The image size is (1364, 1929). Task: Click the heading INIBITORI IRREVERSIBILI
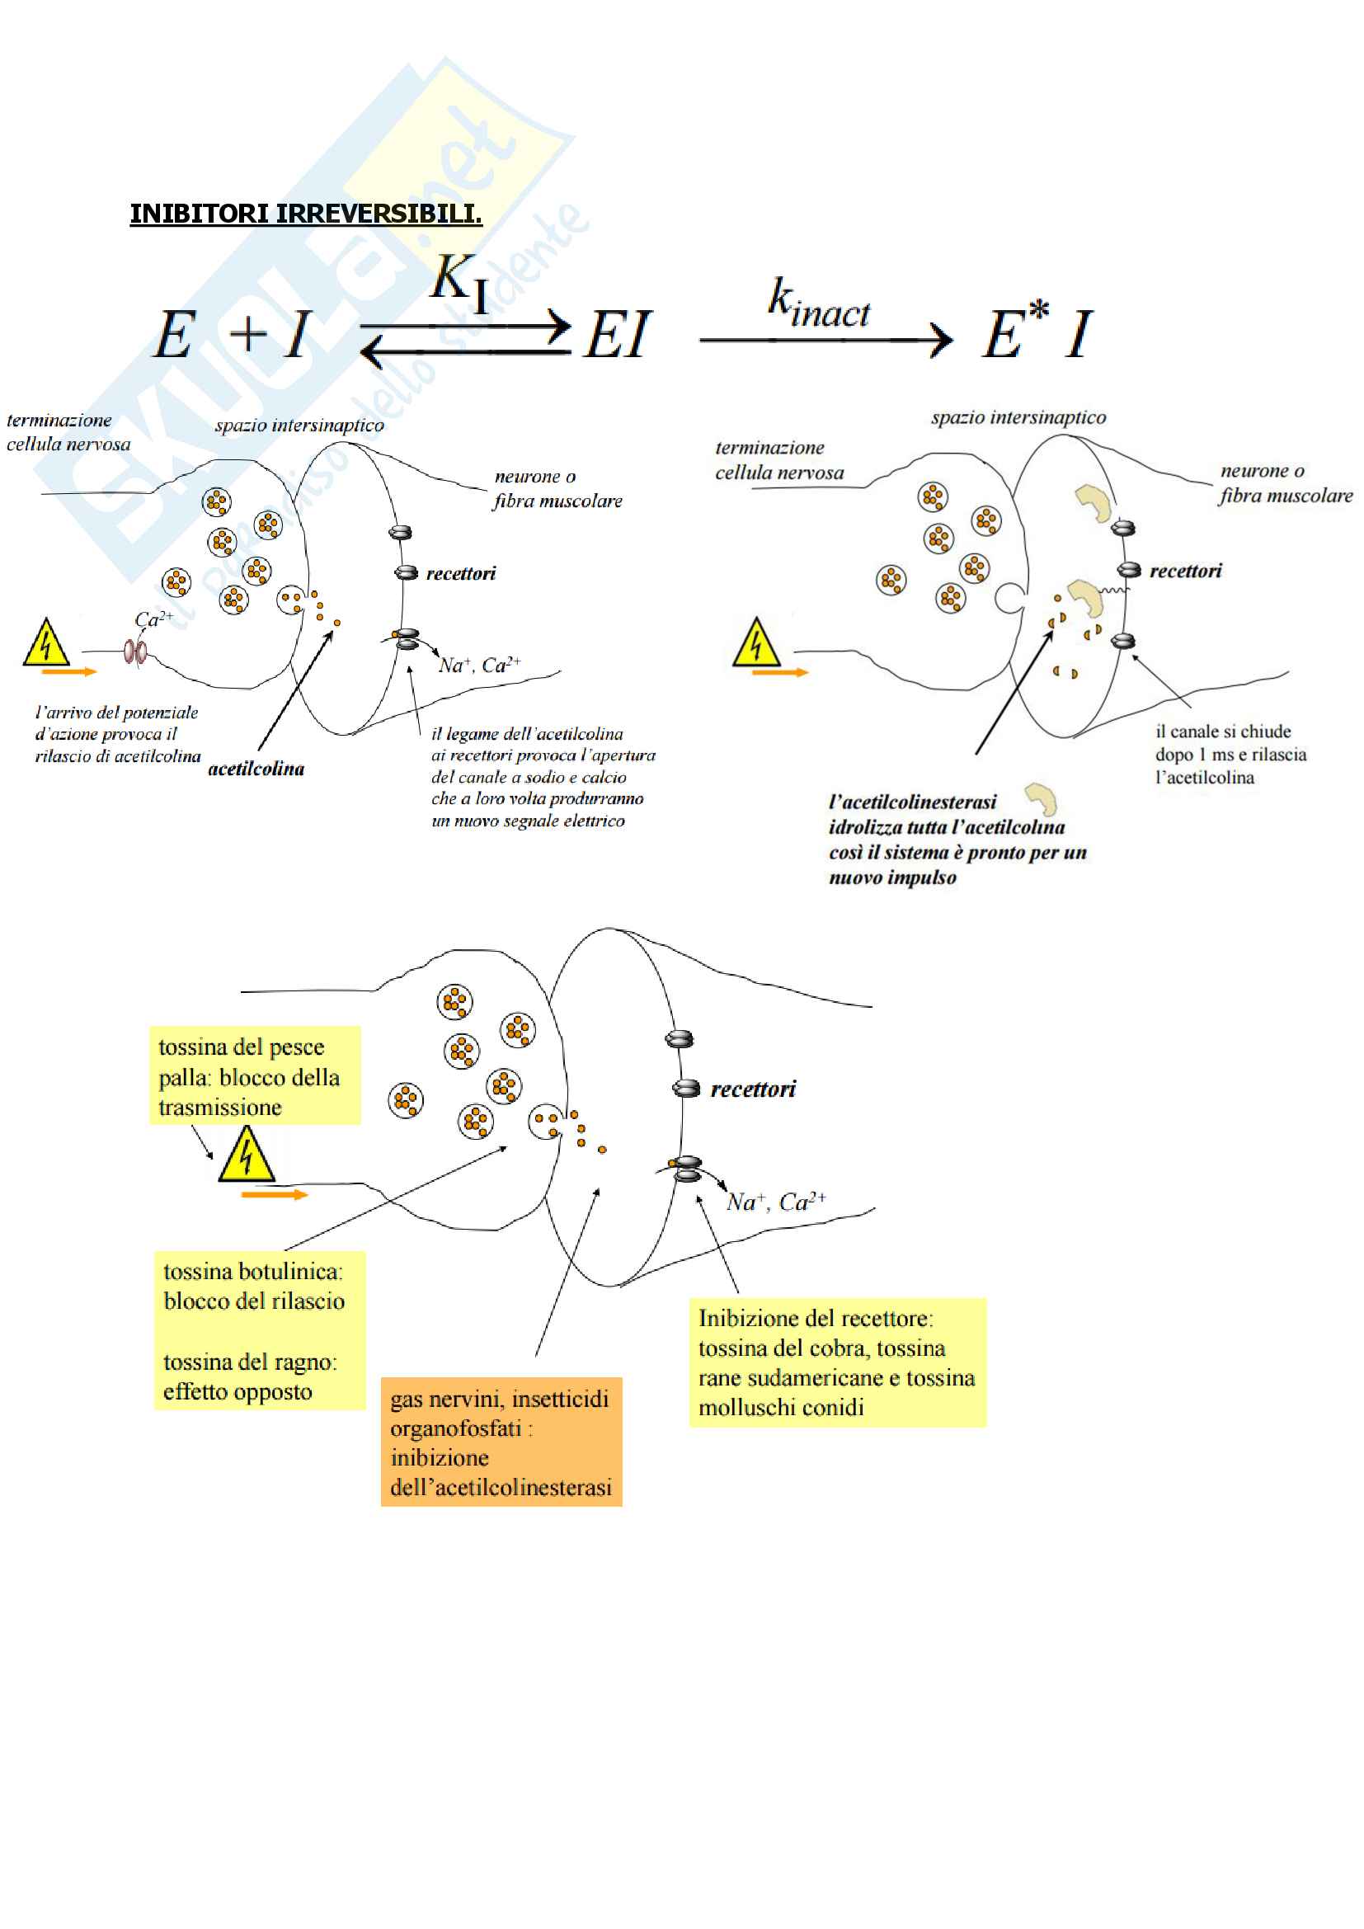click(x=306, y=214)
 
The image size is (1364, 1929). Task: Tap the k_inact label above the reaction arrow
click(x=819, y=304)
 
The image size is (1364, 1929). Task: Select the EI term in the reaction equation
click(x=618, y=335)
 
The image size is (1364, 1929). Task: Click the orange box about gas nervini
click(x=501, y=1442)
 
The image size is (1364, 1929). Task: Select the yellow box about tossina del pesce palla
click(x=255, y=1075)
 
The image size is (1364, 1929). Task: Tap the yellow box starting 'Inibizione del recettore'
click(x=837, y=1362)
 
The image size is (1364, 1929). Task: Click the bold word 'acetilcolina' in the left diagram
click(x=256, y=769)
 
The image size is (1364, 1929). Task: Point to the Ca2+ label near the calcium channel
click(x=153, y=620)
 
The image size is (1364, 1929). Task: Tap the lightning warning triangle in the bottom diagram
click(x=246, y=1157)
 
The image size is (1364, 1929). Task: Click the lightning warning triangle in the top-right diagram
click(x=756, y=644)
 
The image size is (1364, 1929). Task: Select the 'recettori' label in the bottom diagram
click(x=753, y=1089)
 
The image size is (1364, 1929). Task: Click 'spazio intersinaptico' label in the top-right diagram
click(x=1018, y=417)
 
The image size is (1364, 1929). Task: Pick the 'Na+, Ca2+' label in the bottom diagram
click(x=776, y=1202)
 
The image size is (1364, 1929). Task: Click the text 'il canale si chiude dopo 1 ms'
click(x=1230, y=754)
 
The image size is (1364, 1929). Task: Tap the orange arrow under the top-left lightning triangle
click(x=69, y=672)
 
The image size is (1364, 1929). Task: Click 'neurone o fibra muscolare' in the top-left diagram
click(x=557, y=489)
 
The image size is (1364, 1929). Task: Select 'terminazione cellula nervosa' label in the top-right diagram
click(x=778, y=460)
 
